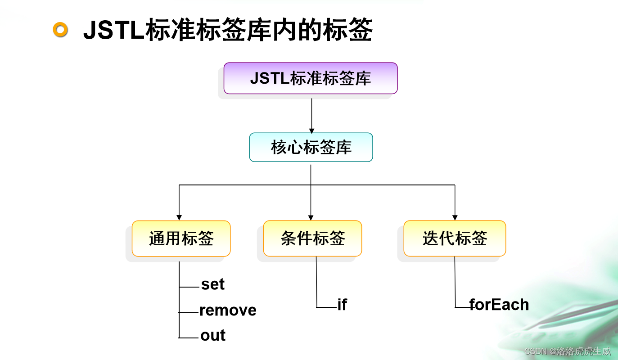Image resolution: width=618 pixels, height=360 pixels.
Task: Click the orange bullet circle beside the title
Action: click(x=60, y=30)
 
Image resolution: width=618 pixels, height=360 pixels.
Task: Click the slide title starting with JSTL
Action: click(x=228, y=31)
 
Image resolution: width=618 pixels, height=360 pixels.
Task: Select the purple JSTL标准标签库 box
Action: click(x=311, y=78)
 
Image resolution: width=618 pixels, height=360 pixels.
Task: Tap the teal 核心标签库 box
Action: click(x=311, y=147)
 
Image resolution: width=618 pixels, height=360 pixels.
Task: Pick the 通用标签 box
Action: click(x=181, y=238)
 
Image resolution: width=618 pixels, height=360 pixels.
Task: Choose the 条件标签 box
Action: click(x=312, y=238)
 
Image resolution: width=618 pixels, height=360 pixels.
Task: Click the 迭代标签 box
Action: click(x=455, y=238)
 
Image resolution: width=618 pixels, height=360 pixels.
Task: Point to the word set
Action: click(x=212, y=284)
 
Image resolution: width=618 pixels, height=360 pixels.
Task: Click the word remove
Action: click(x=228, y=310)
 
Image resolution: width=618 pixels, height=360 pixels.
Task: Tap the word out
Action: click(x=213, y=335)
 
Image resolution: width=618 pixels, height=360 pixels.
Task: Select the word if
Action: click(x=342, y=305)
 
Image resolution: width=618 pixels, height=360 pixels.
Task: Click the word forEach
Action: click(x=499, y=305)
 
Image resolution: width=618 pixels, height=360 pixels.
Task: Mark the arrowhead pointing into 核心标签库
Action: click(x=311, y=130)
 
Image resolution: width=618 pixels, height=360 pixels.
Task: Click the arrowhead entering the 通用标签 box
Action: click(x=179, y=218)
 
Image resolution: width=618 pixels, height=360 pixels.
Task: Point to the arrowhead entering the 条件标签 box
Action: click(x=311, y=218)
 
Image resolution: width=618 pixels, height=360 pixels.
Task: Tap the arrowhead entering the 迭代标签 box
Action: click(x=455, y=218)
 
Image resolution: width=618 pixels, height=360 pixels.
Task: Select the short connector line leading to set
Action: click(x=189, y=287)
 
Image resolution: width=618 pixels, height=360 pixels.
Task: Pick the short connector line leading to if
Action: click(x=327, y=307)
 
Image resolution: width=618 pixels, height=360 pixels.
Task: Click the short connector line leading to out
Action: click(x=189, y=337)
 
